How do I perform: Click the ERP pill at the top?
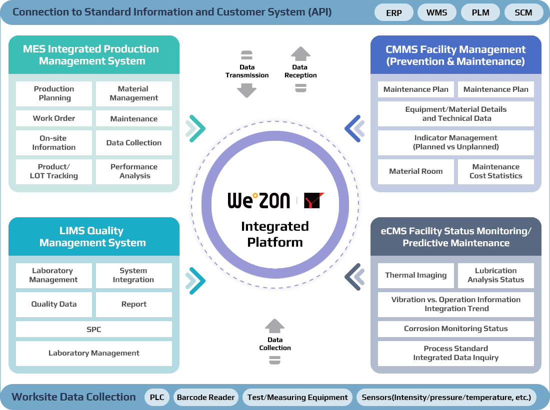394,13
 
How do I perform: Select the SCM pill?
523,13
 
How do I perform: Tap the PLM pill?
480,13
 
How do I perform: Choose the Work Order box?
54,118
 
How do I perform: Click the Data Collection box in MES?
134,143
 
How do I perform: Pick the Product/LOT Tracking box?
54,171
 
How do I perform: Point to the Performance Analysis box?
134,171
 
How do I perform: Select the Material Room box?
416,171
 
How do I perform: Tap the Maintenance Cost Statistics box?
496,171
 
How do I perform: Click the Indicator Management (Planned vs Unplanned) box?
456,143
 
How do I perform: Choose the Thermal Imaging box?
416,275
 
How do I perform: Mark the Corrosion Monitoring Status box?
456,329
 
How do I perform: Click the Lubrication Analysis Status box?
496,275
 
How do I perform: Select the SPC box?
94,329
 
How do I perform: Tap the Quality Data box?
54,304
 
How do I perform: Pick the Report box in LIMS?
134,304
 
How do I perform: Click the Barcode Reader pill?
205,398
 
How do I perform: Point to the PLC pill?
157,398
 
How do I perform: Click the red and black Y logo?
314,200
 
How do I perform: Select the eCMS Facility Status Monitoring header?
456,237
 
